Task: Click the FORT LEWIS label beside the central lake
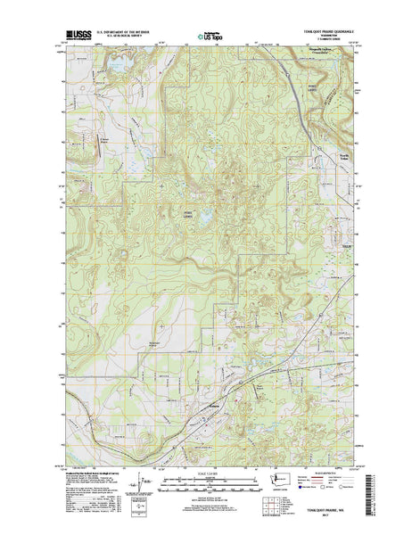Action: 186,212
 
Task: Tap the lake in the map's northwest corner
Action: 119,67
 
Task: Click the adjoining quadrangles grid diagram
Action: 273,503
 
